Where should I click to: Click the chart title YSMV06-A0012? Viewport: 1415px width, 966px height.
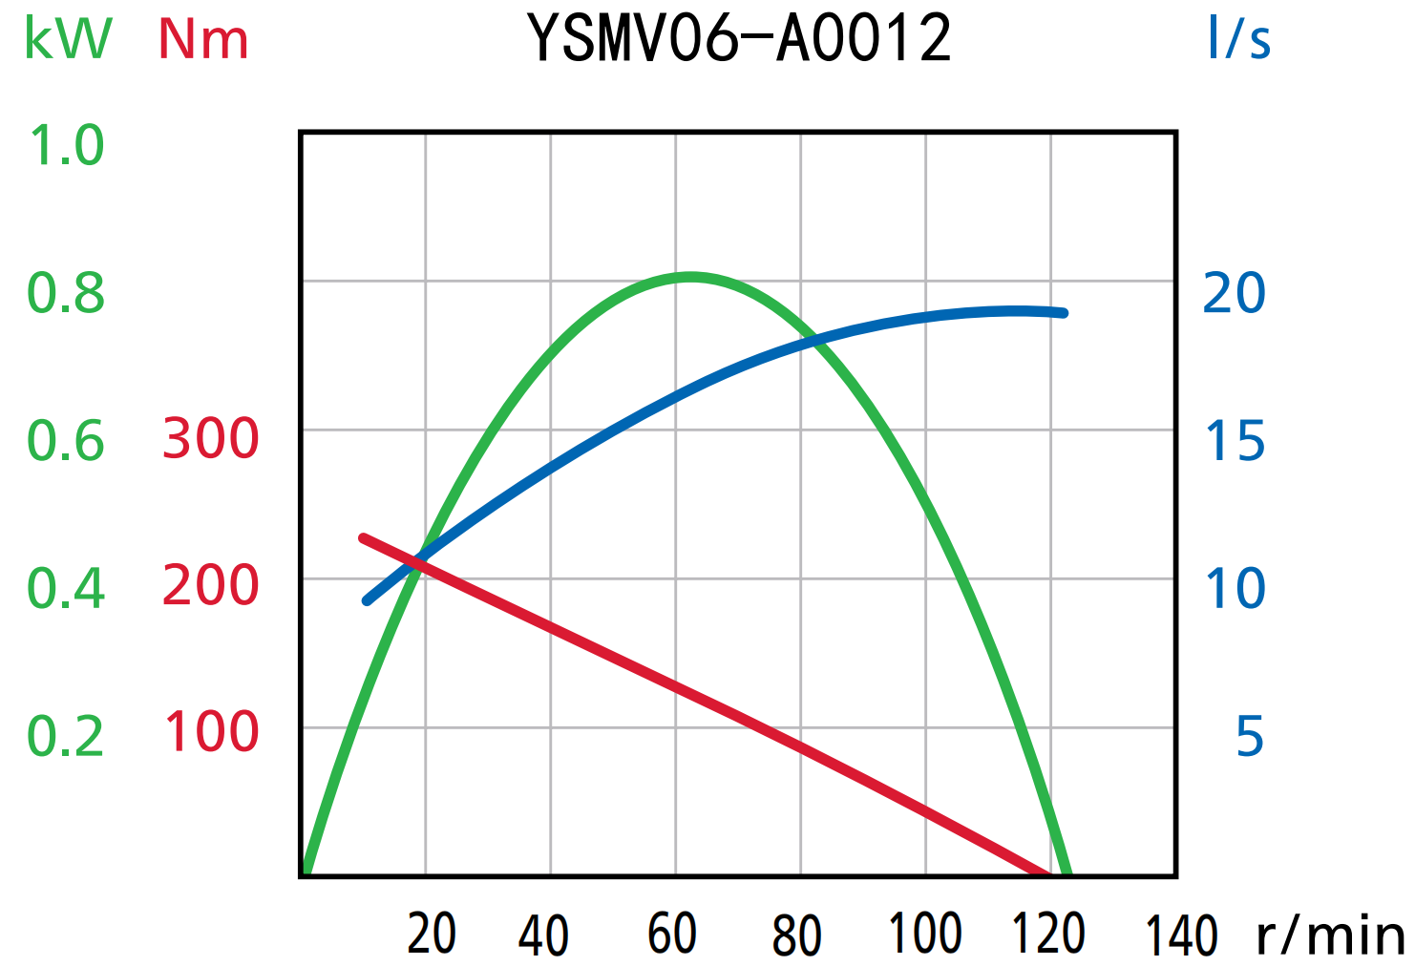point(739,39)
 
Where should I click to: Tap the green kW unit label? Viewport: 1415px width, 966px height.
point(68,39)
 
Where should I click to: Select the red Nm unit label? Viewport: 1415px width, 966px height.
point(203,40)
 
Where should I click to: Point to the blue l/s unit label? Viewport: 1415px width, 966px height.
point(1238,39)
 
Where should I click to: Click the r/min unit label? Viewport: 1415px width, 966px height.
point(1330,934)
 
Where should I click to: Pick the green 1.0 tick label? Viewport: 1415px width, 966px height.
point(66,146)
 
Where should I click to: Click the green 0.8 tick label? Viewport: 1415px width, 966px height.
point(66,293)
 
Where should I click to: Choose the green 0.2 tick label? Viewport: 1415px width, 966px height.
point(66,736)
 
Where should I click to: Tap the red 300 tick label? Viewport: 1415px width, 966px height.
point(211,439)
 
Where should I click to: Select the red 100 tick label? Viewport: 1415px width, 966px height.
point(211,732)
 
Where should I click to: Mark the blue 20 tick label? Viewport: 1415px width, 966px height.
point(1234,293)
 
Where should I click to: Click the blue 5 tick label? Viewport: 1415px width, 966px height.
point(1250,736)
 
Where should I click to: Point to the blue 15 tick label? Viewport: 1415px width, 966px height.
point(1234,441)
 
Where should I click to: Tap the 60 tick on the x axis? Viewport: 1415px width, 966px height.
point(672,934)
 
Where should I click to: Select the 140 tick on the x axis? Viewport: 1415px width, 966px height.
point(1181,935)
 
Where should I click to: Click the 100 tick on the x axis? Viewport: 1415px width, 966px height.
point(924,934)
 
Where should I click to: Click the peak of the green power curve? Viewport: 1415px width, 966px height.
point(690,277)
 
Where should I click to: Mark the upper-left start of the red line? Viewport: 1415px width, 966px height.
point(363,538)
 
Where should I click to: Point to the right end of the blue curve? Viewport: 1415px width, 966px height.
point(1063,312)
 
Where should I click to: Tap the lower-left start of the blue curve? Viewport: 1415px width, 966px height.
point(367,600)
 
